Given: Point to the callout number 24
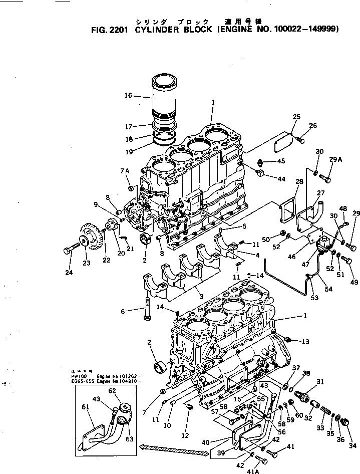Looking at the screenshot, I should coord(69,273).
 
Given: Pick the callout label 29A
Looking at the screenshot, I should coord(335,160).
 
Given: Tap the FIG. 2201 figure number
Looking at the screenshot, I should coord(109,29).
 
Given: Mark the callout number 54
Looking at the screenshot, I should coord(328,290).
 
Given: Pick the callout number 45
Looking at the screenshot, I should coord(281,161).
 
